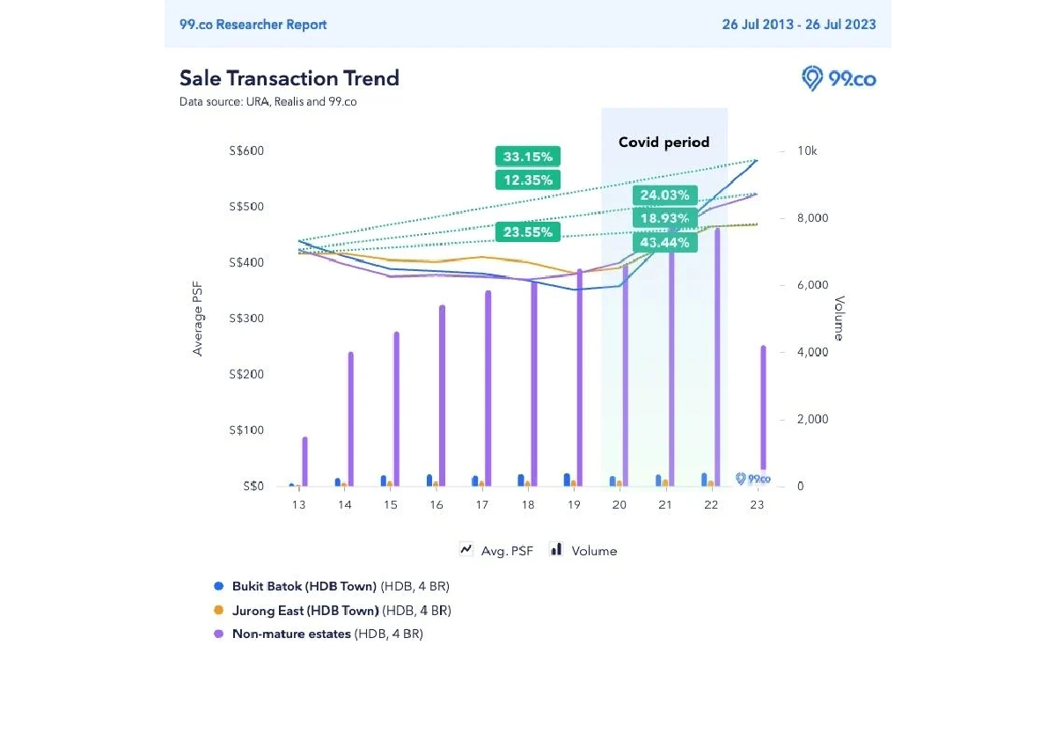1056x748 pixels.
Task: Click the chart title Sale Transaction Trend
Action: pyautogui.click(x=290, y=78)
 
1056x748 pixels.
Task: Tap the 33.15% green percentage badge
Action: pyautogui.click(x=528, y=158)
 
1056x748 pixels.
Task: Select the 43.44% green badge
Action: pyautogui.click(x=664, y=242)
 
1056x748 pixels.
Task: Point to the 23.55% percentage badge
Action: pyautogui.click(x=528, y=232)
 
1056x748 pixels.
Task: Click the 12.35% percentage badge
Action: pyautogui.click(x=528, y=180)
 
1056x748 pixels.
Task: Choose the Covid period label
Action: pyautogui.click(x=664, y=142)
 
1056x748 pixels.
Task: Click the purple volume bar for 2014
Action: pyautogui.click(x=351, y=419)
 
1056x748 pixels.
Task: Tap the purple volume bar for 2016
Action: pyautogui.click(x=442, y=396)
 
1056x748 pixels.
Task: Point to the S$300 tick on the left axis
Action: pyautogui.click(x=246, y=319)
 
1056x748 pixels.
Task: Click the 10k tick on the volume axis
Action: pyautogui.click(x=807, y=151)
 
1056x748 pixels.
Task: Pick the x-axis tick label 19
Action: pyautogui.click(x=574, y=505)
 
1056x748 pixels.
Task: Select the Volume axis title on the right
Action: pyautogui.click(x=839, y=319)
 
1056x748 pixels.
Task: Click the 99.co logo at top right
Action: pyautogui.click(x=839, y=78)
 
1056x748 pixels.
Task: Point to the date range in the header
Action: pyautogui.click(x=799, y=25)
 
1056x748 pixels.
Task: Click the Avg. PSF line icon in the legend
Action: pyautogui.click(x=466, y=550)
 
